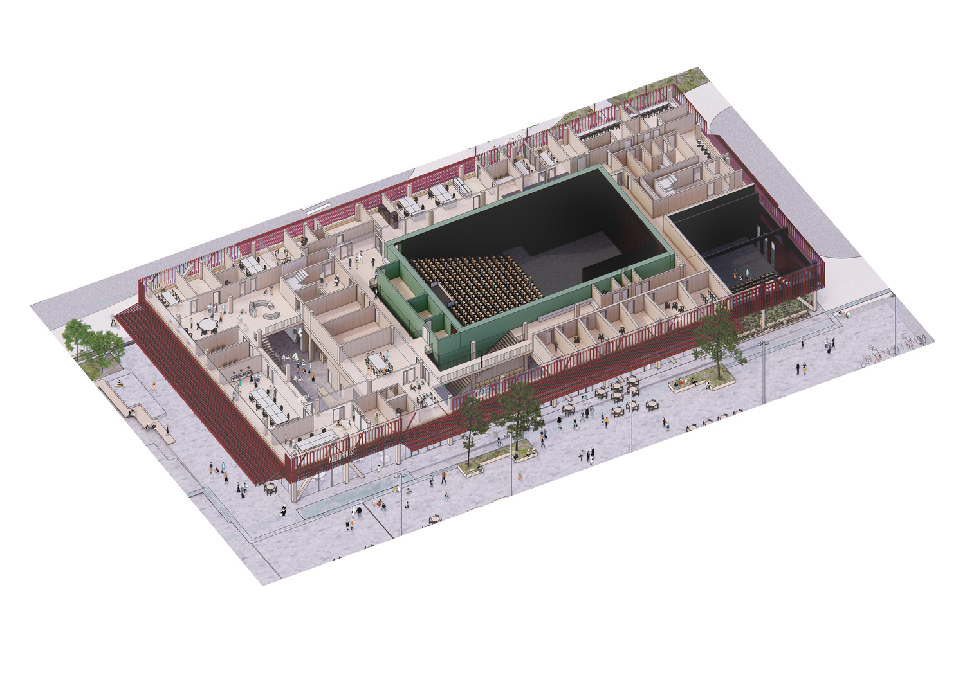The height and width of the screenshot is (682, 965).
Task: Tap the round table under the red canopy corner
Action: pos(270,488)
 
